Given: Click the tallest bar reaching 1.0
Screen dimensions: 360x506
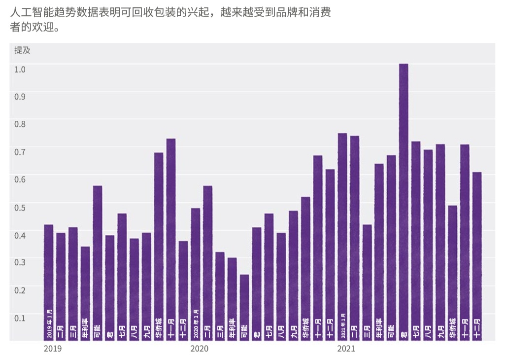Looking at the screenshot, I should pos(404,197).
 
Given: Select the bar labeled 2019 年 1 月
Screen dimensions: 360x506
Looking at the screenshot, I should pos(49,281).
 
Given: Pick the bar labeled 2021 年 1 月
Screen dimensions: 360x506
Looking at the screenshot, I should pos(342,237).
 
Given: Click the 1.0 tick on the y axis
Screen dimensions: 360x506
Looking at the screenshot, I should pos(20,69).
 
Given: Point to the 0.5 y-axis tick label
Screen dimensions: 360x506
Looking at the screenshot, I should pos(20,207).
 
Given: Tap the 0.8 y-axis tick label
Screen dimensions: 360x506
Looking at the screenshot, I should pos(20,124).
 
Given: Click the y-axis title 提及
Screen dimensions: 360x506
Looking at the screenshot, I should pos(22,50).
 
